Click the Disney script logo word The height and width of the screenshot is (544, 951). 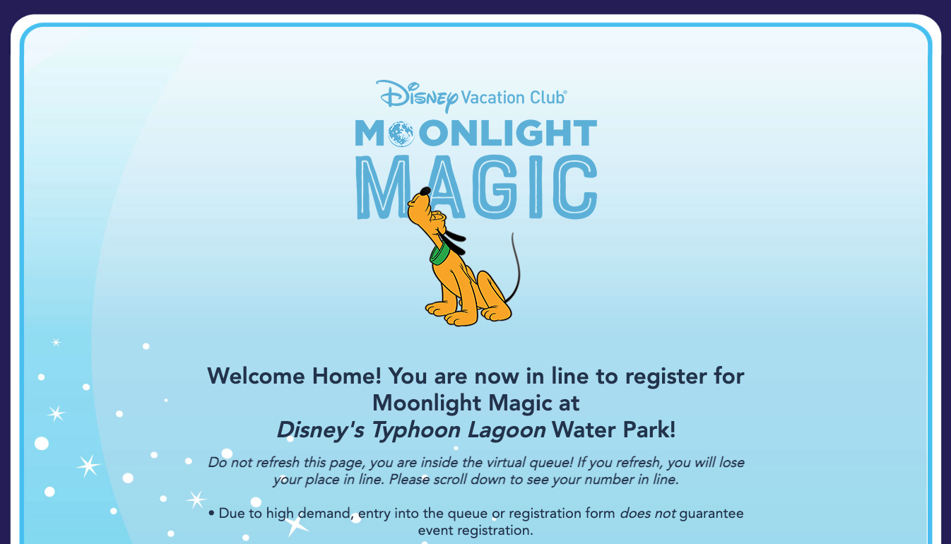tap(417, 96)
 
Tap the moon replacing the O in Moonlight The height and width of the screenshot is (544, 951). tap(401, 134)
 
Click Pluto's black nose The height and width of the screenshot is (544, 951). tap(425, 191)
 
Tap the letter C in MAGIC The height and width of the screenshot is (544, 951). tap(575, 187)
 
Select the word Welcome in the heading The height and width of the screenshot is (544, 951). tap(256, 377)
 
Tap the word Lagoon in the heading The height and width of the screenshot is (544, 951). tap(507, 430)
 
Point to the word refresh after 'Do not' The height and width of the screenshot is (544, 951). tap(278, 463)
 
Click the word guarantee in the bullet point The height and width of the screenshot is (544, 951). tap(711, 514)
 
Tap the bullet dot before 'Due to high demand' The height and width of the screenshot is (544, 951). tap(211, 514)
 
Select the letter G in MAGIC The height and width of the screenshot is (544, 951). tap(495, 187)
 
